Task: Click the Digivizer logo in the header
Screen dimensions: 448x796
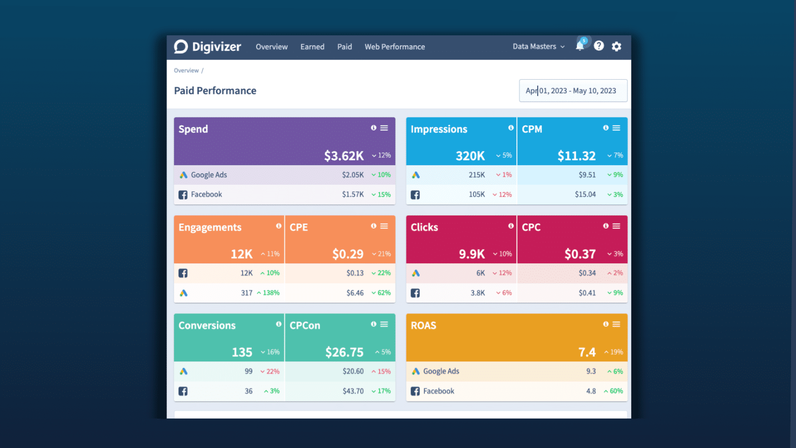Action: point(207,47)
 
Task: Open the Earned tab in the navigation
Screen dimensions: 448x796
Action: point(312,47)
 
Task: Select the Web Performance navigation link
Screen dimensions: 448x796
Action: point(395,47)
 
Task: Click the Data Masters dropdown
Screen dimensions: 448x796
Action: point(538,46)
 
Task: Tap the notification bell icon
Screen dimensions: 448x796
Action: point(580,46)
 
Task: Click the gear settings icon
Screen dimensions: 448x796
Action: point(616,46)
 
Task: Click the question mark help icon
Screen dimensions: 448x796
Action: point(599,46)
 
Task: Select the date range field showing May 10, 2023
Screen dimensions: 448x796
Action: point(573,91)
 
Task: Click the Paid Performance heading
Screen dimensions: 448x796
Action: point(215,91)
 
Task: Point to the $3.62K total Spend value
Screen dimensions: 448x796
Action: point(344,156)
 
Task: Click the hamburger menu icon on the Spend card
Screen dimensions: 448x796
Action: point(384,128)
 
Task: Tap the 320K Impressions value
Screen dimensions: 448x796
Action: point(470,156)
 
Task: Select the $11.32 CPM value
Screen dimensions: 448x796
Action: point(576,156)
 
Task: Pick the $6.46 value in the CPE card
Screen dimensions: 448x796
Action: point(355,293)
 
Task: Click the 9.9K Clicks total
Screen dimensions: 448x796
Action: point(472,254)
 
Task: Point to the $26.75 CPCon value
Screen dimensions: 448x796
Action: point(344,352)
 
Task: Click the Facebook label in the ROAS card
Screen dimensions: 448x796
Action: point(438,391)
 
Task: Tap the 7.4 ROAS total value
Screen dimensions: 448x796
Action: point(587,352)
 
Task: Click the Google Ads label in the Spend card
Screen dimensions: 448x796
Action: point(208,175)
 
